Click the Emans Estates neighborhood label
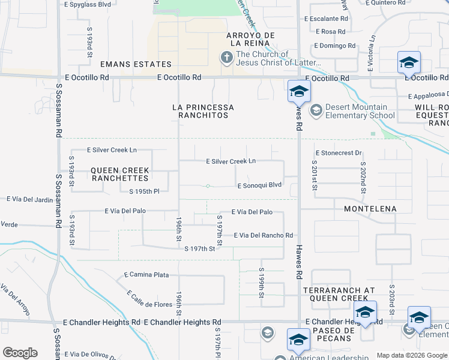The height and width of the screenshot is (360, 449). pyautogui.click(x=136, y=64)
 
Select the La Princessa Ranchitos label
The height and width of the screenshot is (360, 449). pyautogui.click(x=203, y=111)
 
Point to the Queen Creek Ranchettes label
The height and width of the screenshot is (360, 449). pyautogui.click(x=119, y=175)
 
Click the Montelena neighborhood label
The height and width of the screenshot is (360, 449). pyautogui.click(x=370, y=208)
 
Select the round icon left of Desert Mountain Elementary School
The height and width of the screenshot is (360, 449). pyautogui.click(x=315, y=110)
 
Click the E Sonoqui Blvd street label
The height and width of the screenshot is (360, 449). pyautogui.click(x=259, y=185)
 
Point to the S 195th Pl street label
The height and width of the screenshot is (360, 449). pyautogui.click(x=139, y=191)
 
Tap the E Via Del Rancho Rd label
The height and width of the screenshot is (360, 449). pyautogui.click(x=263, y=235)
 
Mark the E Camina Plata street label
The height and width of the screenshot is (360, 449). pyautogui.click(x=144, y=274)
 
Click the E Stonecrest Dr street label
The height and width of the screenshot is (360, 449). pyautogui.click(x=339, y=153)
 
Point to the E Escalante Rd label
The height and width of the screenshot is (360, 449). pyautogui.click(x=326, y=19)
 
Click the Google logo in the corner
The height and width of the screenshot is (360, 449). pyautogui.click(x=20, y=353)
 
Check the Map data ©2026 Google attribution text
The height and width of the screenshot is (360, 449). pyautogui.click(x=411, y=355)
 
